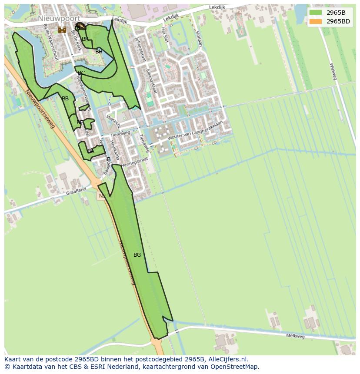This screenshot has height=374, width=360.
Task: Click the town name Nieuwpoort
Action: [x=59, y=19]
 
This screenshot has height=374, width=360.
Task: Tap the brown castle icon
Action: [x=62, y=30]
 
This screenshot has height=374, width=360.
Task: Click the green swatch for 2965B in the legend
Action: [x=316, y=12]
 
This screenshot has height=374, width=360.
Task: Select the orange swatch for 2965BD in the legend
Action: [x=316, y=21]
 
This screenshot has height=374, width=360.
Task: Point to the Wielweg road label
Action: [x=333, y=71]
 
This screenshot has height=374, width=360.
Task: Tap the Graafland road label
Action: [x=77, y=191]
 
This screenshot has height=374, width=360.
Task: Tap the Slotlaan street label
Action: [x=199, y=38]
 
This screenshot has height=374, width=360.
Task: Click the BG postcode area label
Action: [x=137, y=255]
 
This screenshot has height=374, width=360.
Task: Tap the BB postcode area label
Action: [x=65, y=99]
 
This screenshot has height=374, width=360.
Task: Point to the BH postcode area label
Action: [x=99, y=52]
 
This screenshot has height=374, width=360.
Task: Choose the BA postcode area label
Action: [x=90, y=151]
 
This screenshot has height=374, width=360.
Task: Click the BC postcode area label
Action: [x=81, y=73]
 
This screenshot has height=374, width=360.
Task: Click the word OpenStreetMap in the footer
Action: [x=235, y=367]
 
